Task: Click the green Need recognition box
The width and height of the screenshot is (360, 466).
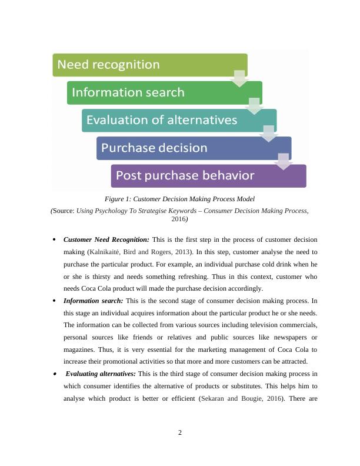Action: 150,65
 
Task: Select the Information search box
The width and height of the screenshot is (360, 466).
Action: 165,93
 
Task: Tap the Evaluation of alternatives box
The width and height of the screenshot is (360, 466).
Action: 179,121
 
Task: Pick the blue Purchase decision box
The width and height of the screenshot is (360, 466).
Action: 194,148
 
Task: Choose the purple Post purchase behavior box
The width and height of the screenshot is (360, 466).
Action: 208,176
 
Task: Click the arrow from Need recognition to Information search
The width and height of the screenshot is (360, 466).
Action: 239,79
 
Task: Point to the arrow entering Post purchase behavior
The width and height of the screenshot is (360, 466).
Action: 284,162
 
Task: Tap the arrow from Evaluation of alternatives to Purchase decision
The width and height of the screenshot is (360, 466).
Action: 269,134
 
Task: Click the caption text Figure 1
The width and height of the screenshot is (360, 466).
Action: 118,199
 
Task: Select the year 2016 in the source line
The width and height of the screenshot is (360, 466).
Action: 178,219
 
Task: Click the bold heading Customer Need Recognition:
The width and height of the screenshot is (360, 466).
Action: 106,239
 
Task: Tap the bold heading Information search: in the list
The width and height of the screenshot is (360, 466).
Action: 94,301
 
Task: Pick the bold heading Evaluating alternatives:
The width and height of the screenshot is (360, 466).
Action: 101,374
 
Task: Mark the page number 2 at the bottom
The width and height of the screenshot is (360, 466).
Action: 180,432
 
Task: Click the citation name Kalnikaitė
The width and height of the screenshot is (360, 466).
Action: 105,252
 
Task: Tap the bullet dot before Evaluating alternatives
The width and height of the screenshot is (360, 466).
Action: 55,374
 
